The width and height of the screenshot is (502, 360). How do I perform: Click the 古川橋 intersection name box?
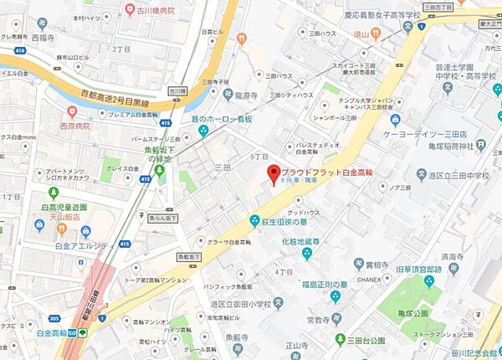pos(177,91)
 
